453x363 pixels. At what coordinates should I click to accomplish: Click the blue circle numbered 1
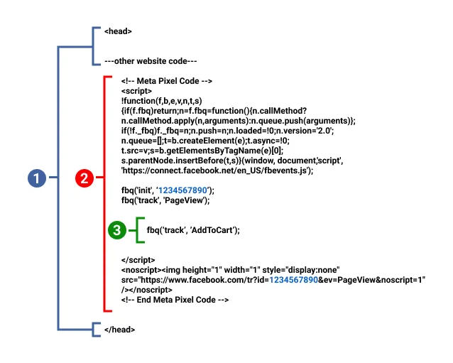(x=37, y=179)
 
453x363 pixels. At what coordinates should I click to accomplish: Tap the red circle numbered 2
(x=84, y=179)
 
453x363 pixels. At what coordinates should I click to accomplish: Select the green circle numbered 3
(x=116, y=229)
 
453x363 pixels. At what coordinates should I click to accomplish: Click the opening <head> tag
(x=118, y=31)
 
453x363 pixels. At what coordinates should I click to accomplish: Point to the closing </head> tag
(x=119, y=330)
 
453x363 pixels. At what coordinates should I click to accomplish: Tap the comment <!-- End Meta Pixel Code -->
(x=175, y=300)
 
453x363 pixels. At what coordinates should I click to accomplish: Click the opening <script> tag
(x=136, y=92)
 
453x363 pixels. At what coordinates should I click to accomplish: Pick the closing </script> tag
(x=138, y=260)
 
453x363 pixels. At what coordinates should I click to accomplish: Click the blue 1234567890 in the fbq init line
(x=182, y=191)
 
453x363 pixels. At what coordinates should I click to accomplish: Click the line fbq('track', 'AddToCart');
(x=193, y=230)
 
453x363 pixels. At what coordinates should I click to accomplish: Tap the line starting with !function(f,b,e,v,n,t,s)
(x=162, y=102)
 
